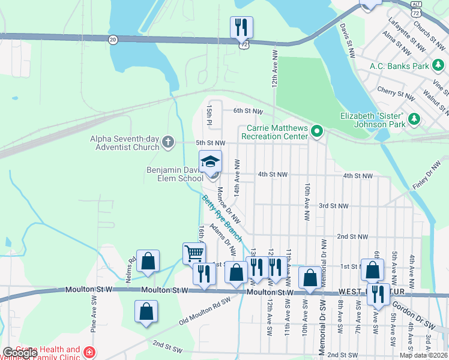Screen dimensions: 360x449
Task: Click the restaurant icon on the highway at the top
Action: pyautogui.click(x=241, y=27)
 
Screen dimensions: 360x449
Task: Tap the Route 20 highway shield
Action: pyautogui.click(x=113, y=39)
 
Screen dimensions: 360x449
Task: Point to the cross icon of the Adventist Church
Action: pyautogui.click(x=167, y=143)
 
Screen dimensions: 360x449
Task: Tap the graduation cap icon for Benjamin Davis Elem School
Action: pyautogui.click(x=211, y=162)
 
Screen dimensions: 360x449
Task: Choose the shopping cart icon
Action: pyautogui.click(x=194, y=253)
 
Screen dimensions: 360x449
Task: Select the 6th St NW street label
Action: pyautogui.click(x=248, y=111)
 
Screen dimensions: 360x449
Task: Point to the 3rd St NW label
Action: pyautogui.click(x=333, y=206)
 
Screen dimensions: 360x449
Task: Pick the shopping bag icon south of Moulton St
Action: pyautogui.click(x=146, y=311)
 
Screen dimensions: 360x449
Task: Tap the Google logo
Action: pyautogui.click(x=20, y=353)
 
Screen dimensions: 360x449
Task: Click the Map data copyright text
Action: pyautogui.click(x=423, y=355)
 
